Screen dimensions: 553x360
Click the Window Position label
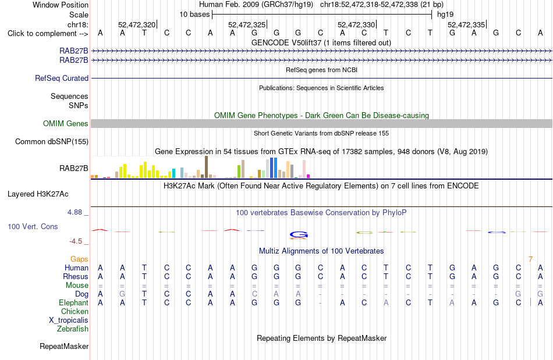61,5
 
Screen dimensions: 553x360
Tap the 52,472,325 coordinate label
247,24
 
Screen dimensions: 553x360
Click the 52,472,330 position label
356,24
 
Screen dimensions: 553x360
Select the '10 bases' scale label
194,15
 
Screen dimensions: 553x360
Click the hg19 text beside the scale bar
445,15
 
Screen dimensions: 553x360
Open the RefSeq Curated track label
61,78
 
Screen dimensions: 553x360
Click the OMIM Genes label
66,124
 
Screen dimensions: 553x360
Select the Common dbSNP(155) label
51,141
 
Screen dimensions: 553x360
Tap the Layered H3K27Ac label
38,194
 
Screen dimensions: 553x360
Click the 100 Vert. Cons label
33,226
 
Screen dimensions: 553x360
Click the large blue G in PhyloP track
299,234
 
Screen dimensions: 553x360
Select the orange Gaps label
79,259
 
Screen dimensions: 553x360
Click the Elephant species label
73,303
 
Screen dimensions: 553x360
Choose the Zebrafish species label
73,329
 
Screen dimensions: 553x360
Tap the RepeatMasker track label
64,347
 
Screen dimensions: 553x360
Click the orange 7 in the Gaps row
530,259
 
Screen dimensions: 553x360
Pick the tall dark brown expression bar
206,167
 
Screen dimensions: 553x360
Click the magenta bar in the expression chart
309,176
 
